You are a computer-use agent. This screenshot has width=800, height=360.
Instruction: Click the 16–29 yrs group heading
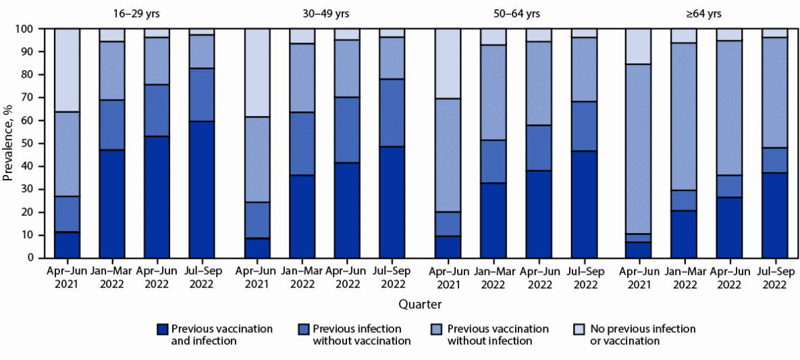coord(134,13)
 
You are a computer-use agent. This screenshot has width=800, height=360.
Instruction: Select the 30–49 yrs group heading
coord(324,13)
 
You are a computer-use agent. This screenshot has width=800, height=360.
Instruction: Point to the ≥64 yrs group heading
coord(706,13)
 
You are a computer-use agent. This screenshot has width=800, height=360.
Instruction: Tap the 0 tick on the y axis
coord(31,258)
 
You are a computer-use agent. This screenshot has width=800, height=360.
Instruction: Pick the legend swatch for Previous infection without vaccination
coord(304,330)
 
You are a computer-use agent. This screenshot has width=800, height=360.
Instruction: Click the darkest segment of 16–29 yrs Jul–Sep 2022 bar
coord(201,189)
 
